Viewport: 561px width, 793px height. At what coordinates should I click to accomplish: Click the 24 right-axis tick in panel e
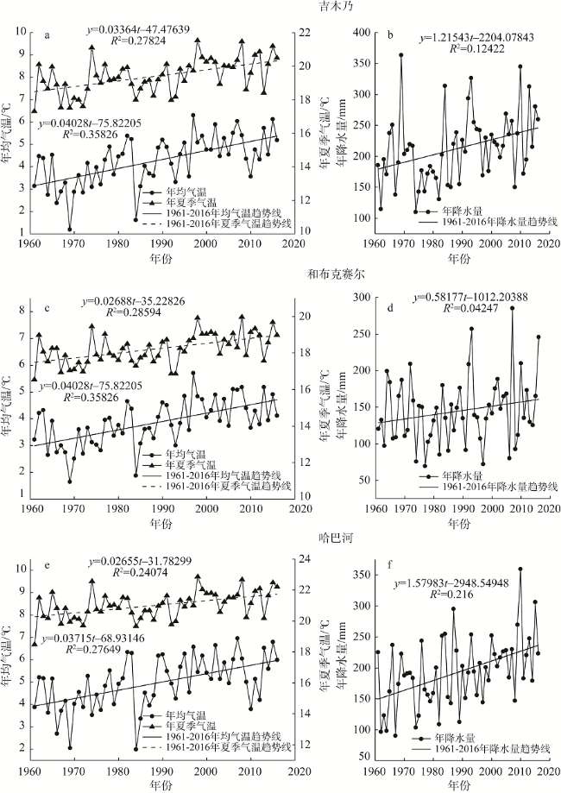[x=306, y=563]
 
